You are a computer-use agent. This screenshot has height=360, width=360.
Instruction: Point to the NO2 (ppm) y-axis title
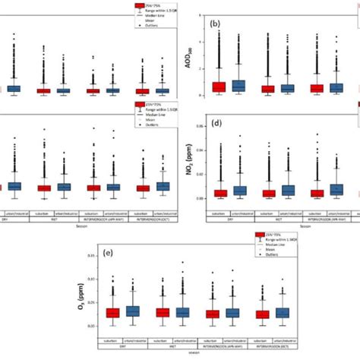(x=188, y=166)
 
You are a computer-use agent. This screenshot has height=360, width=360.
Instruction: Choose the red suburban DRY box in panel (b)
(x=219, y=87)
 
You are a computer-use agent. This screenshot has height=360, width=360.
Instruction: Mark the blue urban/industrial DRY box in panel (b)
(x=239, y=86)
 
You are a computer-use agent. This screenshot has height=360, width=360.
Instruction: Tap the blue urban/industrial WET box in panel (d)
(x=289, y=190)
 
